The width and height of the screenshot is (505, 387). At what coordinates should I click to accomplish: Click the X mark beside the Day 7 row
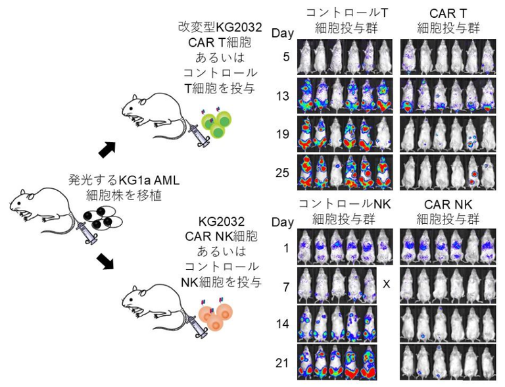click(x=386, y=284)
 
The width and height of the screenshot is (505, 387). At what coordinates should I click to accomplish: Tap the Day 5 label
click(x=286, y=57)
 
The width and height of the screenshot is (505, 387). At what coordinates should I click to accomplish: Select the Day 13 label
click(x=283, y=96)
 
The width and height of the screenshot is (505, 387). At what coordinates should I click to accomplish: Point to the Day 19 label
click(x=283, y=134)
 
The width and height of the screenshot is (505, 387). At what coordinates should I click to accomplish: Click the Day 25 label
click(x=283, y=172)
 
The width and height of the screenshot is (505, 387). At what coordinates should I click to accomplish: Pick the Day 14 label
click(x=283, y=323)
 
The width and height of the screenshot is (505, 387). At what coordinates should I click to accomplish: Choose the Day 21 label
click(x=283, y=363)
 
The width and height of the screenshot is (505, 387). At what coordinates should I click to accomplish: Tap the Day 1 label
click(x=286, y=248)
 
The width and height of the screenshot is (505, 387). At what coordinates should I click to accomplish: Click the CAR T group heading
click(x=448, y=20)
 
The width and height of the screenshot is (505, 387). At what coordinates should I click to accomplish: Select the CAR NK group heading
click(x=448, y=212)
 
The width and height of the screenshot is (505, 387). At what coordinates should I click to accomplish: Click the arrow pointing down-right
click(x=107, y=261)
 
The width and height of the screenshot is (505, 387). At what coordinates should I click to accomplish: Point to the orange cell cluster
click(x=216, y=317)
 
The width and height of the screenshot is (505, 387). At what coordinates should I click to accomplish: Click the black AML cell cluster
click(x=103, y=218)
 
